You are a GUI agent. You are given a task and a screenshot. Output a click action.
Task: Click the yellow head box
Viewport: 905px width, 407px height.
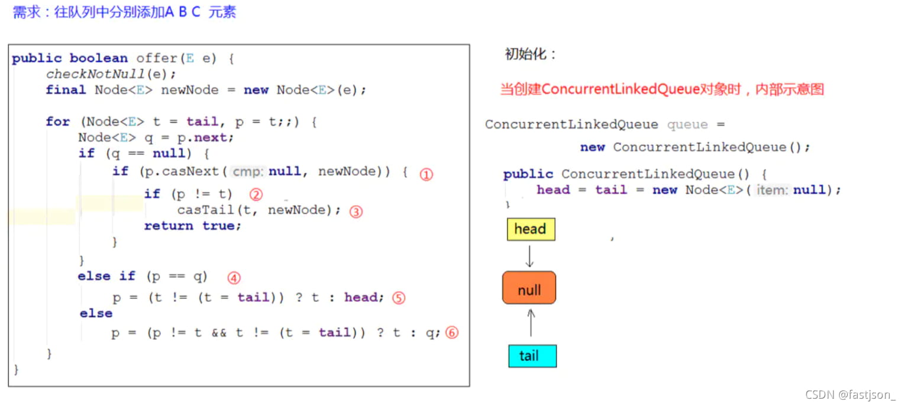(531, 229)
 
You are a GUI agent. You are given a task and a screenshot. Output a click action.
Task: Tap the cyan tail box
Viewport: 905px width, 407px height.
(532, 356)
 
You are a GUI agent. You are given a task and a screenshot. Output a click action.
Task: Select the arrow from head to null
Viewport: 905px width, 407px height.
(530, 256)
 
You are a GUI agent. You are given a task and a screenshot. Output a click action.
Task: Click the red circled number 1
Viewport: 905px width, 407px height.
(426, 174)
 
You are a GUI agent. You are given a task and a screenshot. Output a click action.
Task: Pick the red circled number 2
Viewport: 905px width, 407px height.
(256, 194)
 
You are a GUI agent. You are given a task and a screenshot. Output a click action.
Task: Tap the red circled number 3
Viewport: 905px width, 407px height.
(355, 211)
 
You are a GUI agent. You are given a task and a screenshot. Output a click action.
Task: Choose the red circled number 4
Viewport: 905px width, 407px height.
(234, 277)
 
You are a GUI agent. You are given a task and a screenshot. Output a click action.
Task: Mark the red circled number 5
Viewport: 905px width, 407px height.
(399, 298)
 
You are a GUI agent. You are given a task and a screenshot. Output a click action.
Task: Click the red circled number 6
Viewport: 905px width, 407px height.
(451, 333)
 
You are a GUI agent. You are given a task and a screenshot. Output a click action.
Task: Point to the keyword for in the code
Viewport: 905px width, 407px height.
(57, 122)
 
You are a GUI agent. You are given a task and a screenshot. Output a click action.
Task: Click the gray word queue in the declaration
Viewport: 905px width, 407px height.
(687, 125)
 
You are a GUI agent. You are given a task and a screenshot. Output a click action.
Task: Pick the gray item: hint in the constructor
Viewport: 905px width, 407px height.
(773, 190)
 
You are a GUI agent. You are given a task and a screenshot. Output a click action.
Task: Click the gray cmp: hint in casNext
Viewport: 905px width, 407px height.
(248, 172)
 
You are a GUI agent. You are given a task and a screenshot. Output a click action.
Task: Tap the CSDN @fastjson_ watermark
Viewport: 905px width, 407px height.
(850, 395)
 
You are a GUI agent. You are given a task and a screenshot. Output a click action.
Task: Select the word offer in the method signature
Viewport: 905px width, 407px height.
(157, 58)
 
